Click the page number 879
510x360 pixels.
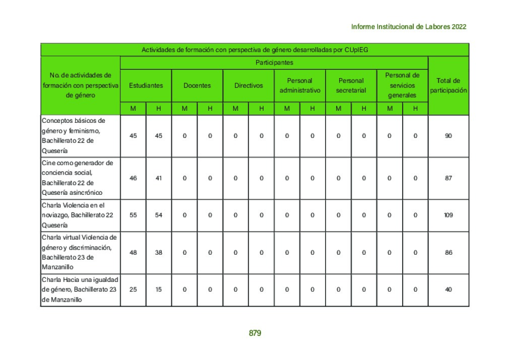click(254, 333)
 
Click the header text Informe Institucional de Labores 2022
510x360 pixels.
click(408, 27)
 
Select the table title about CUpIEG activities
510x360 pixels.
click(254, 50)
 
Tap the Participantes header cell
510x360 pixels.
click(274, 63)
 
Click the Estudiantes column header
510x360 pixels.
click(146, 86)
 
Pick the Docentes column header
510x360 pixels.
click(197, 86)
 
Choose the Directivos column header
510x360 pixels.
click(248, 86)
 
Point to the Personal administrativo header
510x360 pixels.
click(300, 86)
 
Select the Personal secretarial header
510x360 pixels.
click(351, 86)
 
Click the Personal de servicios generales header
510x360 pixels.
click(402, 85)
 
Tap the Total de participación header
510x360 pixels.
click(449, 86)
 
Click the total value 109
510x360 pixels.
click(449, 215)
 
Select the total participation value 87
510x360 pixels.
click(449, 178)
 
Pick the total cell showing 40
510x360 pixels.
click(449, 290)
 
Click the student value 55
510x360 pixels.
click(133, 215)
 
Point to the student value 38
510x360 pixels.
click(159, 253)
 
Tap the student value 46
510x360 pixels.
click(133, 178)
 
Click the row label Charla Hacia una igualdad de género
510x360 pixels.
click(80, 290)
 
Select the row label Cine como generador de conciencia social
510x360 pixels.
click(80, 178)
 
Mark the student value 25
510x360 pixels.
click(133, 290)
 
